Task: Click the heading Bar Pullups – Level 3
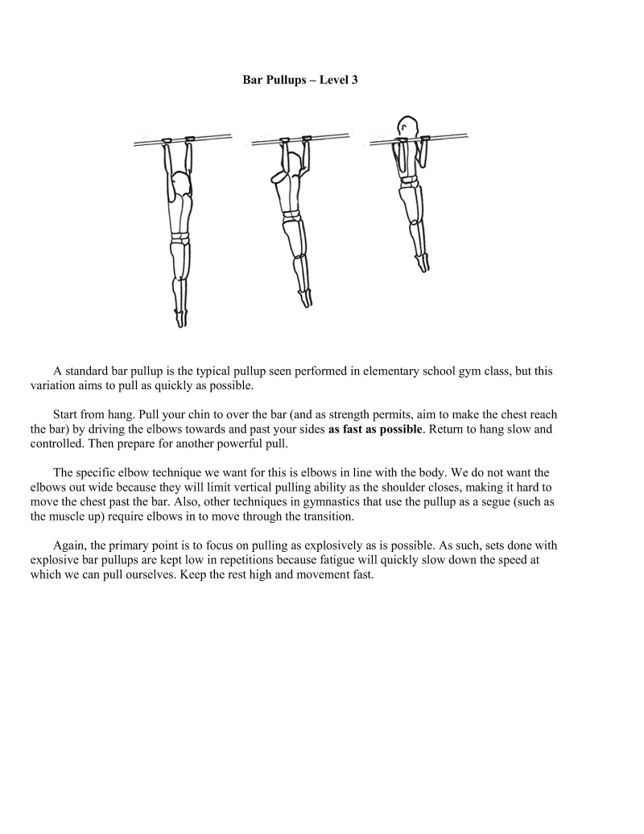(x=300, y=81)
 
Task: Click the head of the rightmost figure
(x=408, y=127)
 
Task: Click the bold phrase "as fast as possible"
(x=375, y=429)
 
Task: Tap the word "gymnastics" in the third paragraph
(x=321, y=503)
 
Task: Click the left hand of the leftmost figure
(x=167, y=143)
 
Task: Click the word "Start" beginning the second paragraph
(x=67, y=415)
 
